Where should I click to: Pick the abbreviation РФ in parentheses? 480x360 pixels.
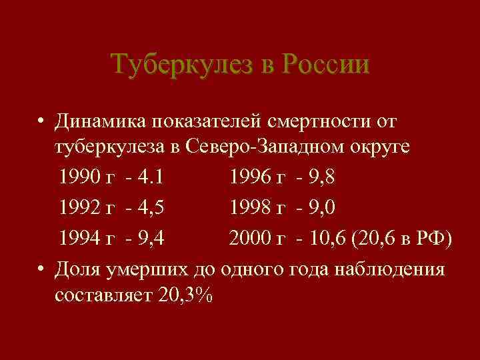coord(433,238)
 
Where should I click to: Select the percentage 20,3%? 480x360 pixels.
coord(186,295)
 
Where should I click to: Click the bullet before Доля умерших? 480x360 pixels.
coord(41,268)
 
